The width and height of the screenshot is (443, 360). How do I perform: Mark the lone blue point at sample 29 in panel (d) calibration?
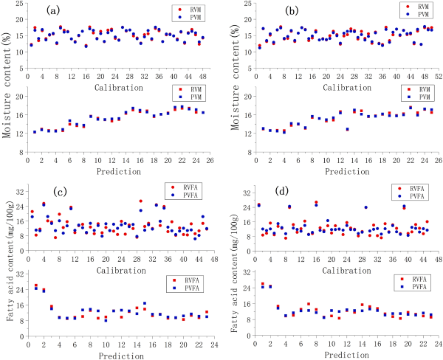(365, 207)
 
